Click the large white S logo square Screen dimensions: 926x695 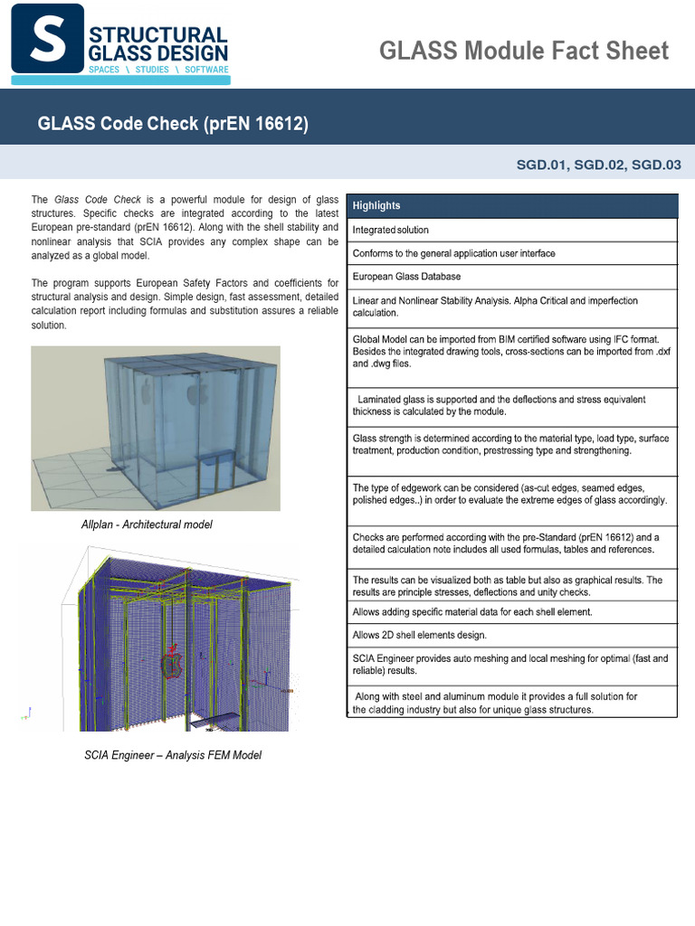[x=47, y=39]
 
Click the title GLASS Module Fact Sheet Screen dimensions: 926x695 [x=524, y=51]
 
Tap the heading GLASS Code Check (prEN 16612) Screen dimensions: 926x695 [x=173, y=124]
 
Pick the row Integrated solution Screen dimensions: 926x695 [x=391, y=230]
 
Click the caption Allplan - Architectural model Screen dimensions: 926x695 [x=147, y=525]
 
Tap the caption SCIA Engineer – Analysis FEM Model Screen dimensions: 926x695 [x=173, y=755]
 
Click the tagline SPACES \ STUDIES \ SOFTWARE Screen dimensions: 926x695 [x=158, y=70]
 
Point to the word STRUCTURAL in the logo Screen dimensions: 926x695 [x=159, y=34]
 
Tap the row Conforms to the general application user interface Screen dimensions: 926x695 [x=454, y=253]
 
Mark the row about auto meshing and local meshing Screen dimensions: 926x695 [x=510, y=665]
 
